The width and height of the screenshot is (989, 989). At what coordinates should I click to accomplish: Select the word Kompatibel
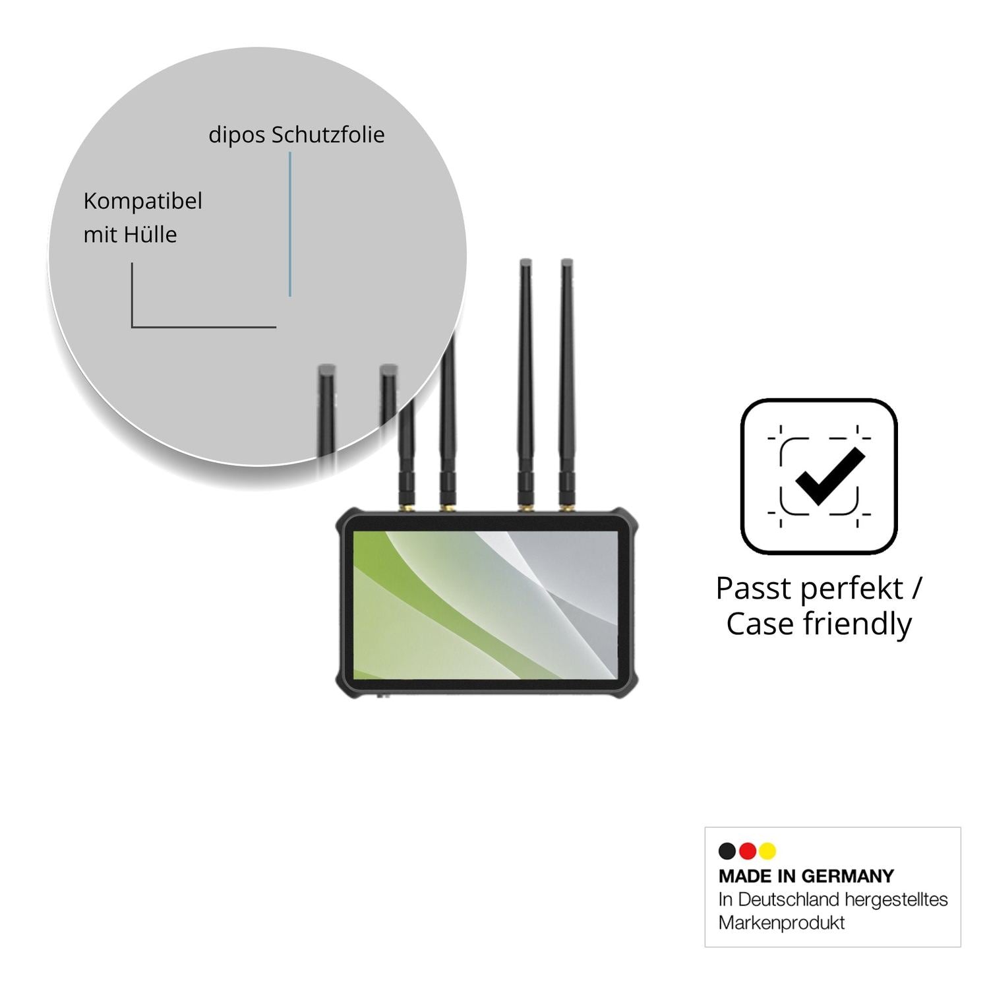coord(142,202)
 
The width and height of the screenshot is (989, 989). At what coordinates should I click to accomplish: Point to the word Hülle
coord(149,234)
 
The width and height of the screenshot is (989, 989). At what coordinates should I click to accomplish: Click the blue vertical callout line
coord(289,224)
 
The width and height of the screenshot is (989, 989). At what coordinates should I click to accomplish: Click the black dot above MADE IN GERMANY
coord(727,851)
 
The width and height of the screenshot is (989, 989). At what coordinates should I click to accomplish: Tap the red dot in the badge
coord(748,851)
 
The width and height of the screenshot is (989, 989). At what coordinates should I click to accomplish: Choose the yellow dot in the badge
coord(767,851)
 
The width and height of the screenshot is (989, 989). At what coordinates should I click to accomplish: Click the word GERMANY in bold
coord(847,876)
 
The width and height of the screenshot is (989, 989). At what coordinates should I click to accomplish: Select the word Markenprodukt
coord(782,922)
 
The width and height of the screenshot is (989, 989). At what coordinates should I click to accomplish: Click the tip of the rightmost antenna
coord(566,261)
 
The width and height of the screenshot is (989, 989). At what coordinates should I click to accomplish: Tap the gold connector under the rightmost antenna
coord(566,508)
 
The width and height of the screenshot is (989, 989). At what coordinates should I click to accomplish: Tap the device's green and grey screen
coord(485,605)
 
